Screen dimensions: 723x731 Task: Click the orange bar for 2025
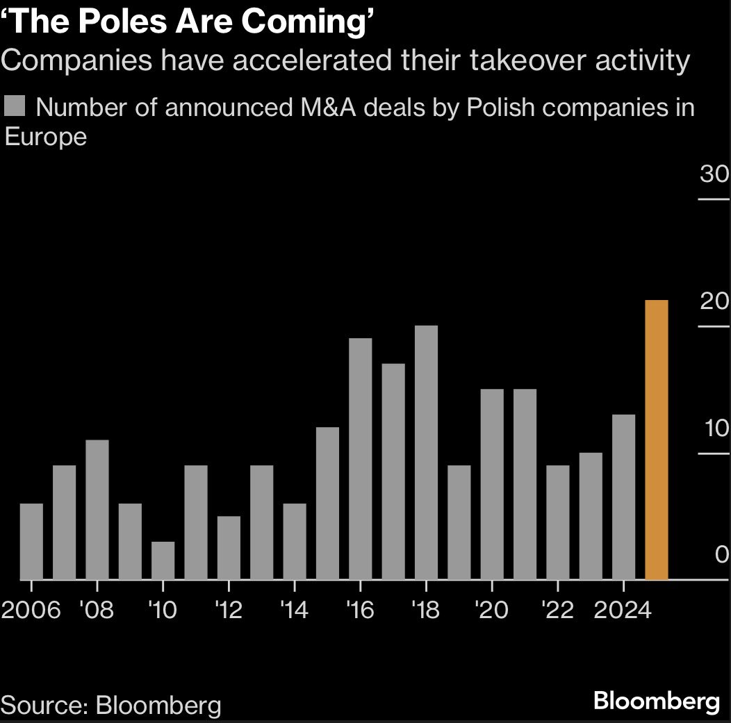pyautogui.click(x=657, y=440)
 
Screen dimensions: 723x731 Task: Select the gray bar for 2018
pyautogui.click(x=426, y=452)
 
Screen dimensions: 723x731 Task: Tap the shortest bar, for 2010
pyautogui.click(x=163, y=560)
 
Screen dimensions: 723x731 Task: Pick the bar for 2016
pyautogui.click(x=360, y=458)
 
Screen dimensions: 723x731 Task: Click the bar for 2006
pyautogui.click(x=31, y=541)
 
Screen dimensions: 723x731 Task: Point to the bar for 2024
pyautogui.click(x=623, y=497)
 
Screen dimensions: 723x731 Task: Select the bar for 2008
pyautogui.click(x=97, y=509)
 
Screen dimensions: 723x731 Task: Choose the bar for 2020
pyautogui.click(x=492, y=484)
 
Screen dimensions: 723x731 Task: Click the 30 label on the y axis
pyautogui.click(x=714, y=174)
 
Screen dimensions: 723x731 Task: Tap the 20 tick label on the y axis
pyautogui.click(x=714, y=302)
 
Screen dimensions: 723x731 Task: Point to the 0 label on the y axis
pyautogui.click(x=721, y=555)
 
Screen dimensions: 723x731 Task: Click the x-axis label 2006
pyautogui.click(x=31, y=610)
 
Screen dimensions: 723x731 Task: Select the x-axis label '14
pyautogui.click(x=295, y=610)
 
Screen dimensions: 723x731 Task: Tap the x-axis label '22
pyautogui.click(x=557, y=610)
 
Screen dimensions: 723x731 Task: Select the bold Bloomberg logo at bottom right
pyautogui.click(x=656, y=701)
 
